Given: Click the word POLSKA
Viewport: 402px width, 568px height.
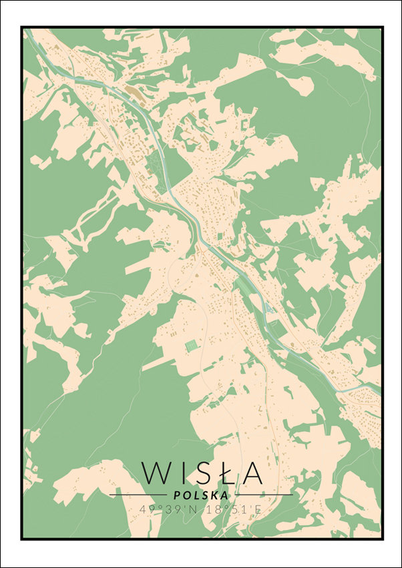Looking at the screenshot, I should click(200, 495).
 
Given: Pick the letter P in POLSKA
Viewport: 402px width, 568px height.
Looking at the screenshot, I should click(176, 495).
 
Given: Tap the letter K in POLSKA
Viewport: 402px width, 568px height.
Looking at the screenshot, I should click(214, 495).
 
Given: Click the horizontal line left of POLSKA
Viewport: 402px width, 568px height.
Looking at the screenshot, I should click(138, 495).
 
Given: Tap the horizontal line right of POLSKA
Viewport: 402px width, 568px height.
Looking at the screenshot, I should click(263, 495).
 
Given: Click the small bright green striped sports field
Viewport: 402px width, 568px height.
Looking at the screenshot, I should click(192, 345).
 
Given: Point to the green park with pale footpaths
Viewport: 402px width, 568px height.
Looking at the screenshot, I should click(155, 164).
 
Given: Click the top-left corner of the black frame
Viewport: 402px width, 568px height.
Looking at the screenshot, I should click(21, 27).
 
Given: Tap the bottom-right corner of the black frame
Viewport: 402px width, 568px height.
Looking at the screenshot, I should click(382, 539).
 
